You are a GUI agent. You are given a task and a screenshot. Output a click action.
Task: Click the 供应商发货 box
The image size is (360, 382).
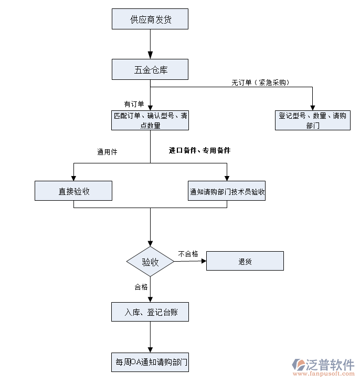tap(150, 19)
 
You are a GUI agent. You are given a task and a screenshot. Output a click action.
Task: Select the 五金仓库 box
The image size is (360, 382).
tap(150, 69)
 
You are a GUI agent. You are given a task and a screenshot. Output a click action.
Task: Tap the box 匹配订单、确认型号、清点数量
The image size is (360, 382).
tap(150, 120)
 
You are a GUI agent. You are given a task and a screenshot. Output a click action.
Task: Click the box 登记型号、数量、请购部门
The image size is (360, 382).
tap(312, 120)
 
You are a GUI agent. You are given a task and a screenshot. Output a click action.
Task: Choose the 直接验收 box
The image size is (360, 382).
tap(73, 191)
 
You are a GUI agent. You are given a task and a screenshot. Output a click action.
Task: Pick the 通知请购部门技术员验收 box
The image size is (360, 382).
tap(227, 191)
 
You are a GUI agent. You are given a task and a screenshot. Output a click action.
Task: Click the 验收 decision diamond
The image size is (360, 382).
tap(151, 262)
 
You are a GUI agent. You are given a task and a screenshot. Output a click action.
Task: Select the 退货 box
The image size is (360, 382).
tap(245, 261)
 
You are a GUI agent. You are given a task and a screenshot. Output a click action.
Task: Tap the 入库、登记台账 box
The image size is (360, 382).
tap(150, 312)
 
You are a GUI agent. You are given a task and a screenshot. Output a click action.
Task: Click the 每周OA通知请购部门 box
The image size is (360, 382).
tap(150, 362)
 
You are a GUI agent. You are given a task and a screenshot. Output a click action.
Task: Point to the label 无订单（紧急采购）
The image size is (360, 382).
tap(261, 82)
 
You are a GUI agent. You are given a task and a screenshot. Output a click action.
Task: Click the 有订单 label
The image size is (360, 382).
tap(134, 104)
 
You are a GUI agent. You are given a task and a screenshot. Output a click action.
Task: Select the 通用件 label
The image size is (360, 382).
tap(107, 152)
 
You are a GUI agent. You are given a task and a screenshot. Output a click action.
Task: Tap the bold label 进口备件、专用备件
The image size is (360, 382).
tap(199, 150)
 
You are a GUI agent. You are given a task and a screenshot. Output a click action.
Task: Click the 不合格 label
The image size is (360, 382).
tap(188, 254)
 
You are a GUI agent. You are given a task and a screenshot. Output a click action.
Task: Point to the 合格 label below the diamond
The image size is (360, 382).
tap(141, 287)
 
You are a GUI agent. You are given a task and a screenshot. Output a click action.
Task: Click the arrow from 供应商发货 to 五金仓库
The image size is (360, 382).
tap(151, 44)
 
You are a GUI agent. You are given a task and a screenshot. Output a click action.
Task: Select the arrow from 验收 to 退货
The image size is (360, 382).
tap(190, 261)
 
